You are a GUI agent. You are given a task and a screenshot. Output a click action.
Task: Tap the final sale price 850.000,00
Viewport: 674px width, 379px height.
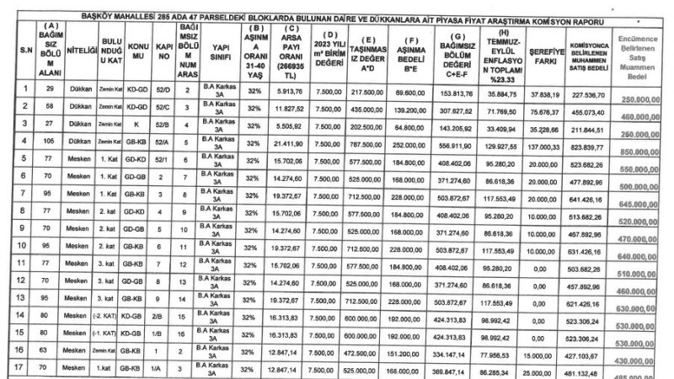point(639,152)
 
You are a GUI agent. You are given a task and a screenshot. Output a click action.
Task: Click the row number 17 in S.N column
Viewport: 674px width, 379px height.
point(14,367)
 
